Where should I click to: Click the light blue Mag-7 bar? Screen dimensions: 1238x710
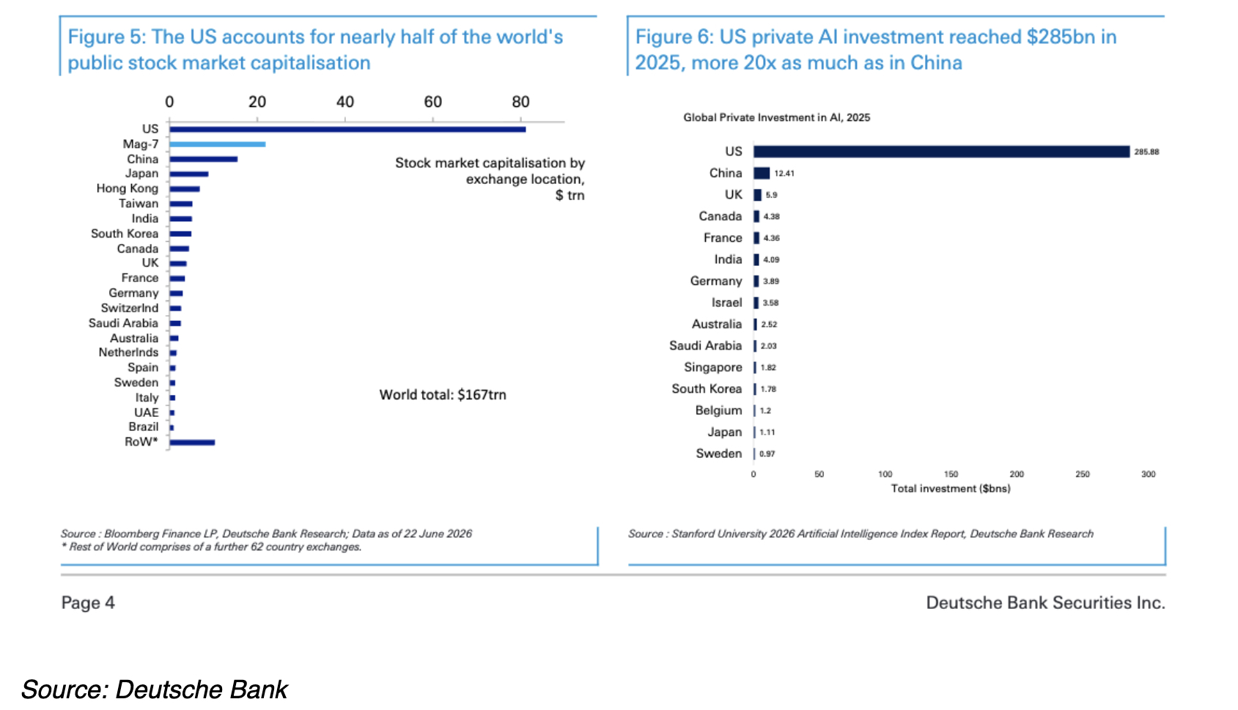tap(218, 144)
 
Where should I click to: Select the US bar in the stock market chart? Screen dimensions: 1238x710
tap(347, 129)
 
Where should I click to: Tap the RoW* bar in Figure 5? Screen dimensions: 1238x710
tap(192, 442)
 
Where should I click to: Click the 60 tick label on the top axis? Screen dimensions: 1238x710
tap(432, 102)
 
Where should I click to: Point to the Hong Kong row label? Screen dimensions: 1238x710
tap(127, 188)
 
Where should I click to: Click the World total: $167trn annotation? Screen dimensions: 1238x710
tap(443, 394)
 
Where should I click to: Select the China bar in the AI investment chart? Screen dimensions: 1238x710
tap(762, 173)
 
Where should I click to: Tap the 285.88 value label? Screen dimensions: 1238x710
tap(1147, 152)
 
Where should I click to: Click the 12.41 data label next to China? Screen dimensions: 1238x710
tap(784, 174)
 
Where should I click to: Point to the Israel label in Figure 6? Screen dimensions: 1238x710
tap(727, 303)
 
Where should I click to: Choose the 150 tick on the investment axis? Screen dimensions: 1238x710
tap(951, 474)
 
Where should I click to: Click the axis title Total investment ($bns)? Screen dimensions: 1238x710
tap(951, 489)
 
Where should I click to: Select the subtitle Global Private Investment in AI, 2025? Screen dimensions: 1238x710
tap(776, 118)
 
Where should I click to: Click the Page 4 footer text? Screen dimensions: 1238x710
tap(88, 602)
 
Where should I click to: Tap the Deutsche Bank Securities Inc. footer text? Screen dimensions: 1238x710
tap(1046, 602)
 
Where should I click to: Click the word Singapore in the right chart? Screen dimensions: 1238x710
tap(713, 367)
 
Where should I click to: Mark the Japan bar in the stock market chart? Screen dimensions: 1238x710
tap(189, 174)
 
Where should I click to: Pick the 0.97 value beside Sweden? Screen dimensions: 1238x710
tap(767, 454)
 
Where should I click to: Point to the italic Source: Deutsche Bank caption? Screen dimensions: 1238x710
tap(154, 689)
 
